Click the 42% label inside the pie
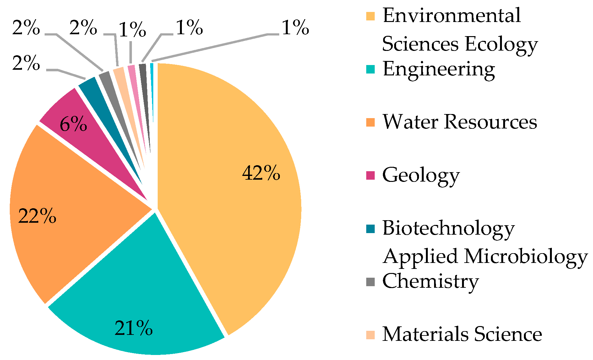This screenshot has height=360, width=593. [x=261, y=173]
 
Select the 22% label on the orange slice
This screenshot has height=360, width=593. [x=37, y=216]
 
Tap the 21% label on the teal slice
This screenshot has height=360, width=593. [x=133, y=328]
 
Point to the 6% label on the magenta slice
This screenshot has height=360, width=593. [x=73, y=124]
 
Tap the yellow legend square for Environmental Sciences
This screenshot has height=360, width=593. [x=371, y=16]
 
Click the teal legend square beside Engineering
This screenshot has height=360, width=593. [x=371, y=69]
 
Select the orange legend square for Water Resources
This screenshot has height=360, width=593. [x=371, y=123]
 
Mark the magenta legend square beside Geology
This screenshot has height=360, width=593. [x=371, y=176]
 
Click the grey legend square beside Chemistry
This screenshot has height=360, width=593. [x=371, y=282]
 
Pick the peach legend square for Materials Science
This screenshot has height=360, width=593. [x=371, y=335]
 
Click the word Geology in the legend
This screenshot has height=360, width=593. [x=421, y=176]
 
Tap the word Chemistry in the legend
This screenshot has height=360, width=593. [x=430, y=281]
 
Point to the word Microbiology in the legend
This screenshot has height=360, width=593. [x=525, y=257]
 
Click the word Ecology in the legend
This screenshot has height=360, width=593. [x=501, y=44]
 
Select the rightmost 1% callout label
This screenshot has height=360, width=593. [x=295, y=28]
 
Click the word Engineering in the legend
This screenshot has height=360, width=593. [x=438, y=69]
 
